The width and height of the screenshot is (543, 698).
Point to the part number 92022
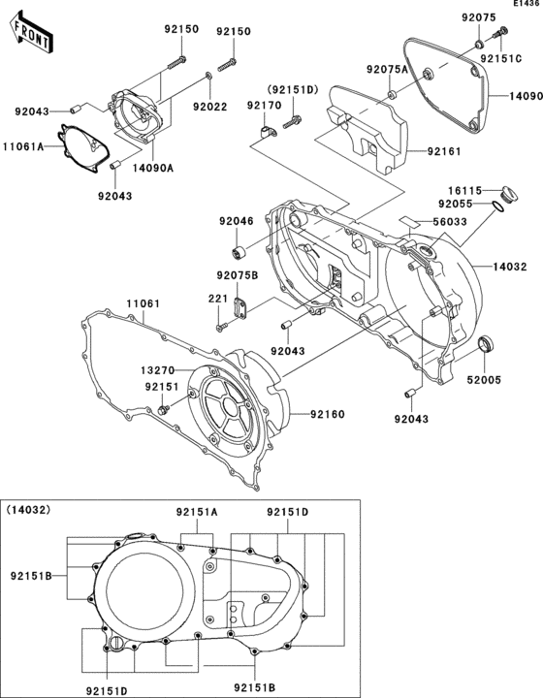coord(209,105)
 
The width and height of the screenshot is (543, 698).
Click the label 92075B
coord(238,275)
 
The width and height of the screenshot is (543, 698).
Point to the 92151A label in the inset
coord(197,511)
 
